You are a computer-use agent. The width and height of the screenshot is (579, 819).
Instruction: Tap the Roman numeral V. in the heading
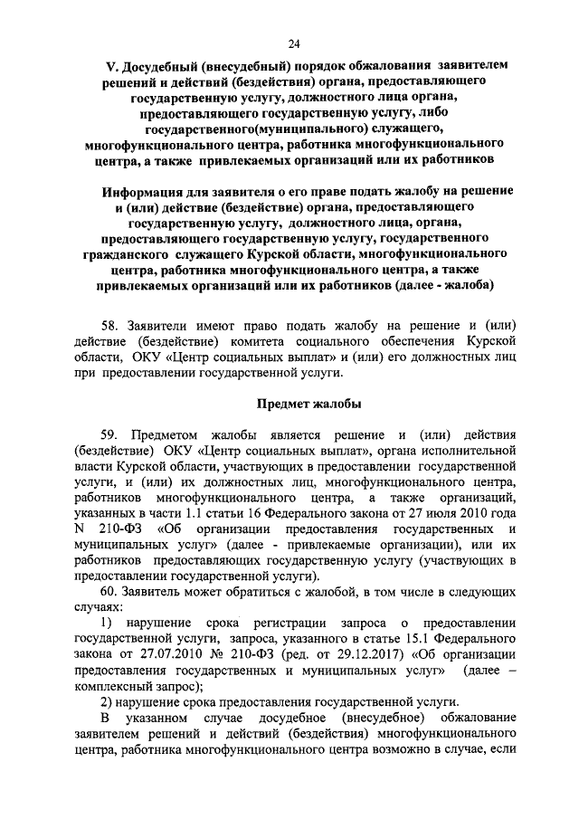coord(112,67)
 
